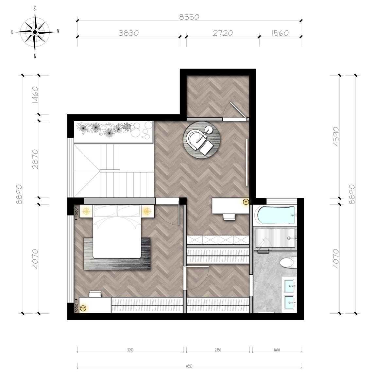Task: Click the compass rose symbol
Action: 35,32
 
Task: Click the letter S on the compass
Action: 35,9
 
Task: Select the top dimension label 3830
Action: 128,33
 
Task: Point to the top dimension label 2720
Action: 223,33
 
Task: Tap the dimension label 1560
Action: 280,33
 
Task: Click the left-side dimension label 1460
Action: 35,95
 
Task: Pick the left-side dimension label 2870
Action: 35,159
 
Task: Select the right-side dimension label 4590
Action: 336,137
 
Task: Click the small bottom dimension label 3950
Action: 130,350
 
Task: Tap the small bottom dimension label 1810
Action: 277,350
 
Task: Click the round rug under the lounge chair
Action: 202,140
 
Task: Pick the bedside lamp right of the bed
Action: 147,211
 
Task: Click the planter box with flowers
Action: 114,132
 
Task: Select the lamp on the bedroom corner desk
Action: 83,308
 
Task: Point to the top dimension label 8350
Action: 189,17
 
